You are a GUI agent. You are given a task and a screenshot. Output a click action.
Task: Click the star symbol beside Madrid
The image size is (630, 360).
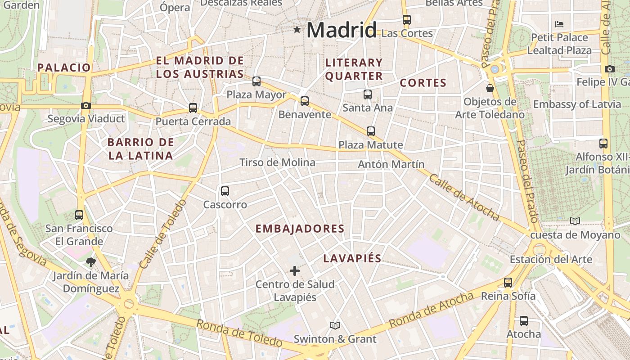297,30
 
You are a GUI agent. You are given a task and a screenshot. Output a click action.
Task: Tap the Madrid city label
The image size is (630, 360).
342,31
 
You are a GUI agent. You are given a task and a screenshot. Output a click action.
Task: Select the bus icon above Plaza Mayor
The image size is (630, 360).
256,81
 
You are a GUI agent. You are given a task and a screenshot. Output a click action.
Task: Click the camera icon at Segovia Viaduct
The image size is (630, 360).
85,106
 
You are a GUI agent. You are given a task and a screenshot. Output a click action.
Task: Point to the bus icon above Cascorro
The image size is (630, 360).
225,191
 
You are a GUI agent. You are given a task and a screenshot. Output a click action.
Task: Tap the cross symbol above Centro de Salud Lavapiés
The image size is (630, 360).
295,271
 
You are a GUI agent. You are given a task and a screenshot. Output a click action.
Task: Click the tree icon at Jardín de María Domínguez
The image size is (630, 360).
91,262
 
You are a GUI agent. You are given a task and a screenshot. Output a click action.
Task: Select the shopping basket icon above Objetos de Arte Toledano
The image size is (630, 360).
490,88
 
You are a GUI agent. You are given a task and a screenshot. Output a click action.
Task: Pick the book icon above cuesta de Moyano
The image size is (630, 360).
575,221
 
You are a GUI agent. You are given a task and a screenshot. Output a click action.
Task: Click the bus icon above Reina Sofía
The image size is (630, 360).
508,283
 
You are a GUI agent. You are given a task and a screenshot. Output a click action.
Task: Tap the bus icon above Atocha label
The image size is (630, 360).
524,321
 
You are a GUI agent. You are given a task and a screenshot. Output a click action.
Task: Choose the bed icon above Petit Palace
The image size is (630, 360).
559,24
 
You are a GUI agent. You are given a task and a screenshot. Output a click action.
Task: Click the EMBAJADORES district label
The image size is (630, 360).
300,229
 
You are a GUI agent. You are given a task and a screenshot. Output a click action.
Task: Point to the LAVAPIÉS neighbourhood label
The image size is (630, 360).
352,258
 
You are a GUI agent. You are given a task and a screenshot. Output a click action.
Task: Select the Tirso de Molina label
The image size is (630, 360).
277,162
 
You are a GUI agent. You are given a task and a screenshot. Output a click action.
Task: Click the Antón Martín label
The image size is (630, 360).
391,164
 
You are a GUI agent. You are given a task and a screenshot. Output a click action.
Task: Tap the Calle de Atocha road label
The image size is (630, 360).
464,197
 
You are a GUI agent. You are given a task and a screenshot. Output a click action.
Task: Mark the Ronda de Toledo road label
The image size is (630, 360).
239,333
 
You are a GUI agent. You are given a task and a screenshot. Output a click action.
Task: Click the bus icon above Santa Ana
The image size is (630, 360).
368,94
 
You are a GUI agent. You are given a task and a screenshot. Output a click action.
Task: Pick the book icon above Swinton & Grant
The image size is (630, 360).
335,325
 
